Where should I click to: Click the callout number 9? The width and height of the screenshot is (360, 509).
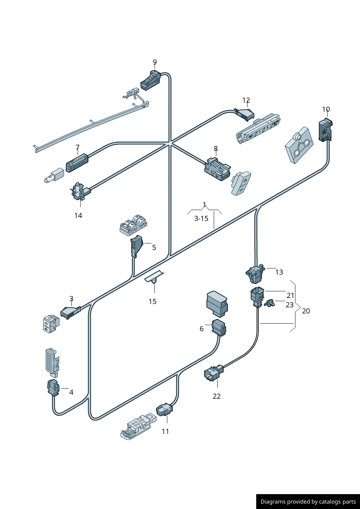click(x=155, y=62)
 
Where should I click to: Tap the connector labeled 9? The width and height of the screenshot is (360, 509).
click(x=150, y=81)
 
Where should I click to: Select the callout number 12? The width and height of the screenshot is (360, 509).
click(x=246, y=100)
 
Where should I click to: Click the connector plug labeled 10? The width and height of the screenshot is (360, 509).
click(x=325, y=130)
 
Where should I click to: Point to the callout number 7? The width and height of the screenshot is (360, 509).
click(x=77, y=147)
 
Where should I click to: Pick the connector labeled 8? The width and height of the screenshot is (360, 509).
click(x=217, y=169)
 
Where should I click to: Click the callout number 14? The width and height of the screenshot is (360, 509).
click(x=78, y=215)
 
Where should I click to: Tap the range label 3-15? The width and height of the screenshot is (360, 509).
click(x=201, y=218)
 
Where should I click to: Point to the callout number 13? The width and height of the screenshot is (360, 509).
click(x=279, y=272)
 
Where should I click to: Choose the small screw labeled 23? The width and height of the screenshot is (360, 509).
click(x=270, y=303)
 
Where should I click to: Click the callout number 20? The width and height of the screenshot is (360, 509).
click(x=306, y=311)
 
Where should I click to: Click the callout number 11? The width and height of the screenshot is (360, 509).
click(x=165, y=431)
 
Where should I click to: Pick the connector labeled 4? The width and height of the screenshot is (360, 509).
click(x=53, y=387)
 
